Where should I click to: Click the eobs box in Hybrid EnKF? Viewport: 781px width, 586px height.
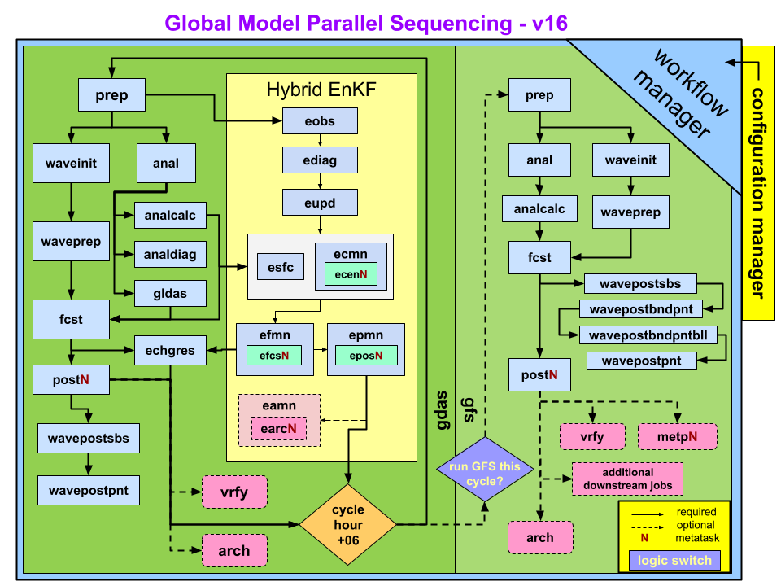pos(320,121)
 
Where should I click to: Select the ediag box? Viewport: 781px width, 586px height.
pos(320,160)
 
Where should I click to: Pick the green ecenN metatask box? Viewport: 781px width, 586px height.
pos(351,275)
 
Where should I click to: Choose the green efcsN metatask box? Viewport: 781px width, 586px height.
pos(274,356)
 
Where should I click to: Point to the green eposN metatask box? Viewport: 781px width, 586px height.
pos(365,356)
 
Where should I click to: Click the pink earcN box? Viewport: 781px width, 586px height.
pos(279,427)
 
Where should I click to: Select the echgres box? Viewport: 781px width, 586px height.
pos(170,351)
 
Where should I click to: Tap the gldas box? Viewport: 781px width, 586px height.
pos(170,294)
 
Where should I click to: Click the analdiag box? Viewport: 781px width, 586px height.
pos(170,255)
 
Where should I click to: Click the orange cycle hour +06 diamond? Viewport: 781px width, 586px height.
pos(347,525)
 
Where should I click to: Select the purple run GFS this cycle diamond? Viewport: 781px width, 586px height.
pos(484,469)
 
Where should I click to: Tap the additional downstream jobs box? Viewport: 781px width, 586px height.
pos(627,479)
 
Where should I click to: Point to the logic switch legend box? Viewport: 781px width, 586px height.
pos(674,560)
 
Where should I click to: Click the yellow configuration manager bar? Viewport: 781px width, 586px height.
pos(757,183)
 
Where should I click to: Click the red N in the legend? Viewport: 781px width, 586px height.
pos(644,538)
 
